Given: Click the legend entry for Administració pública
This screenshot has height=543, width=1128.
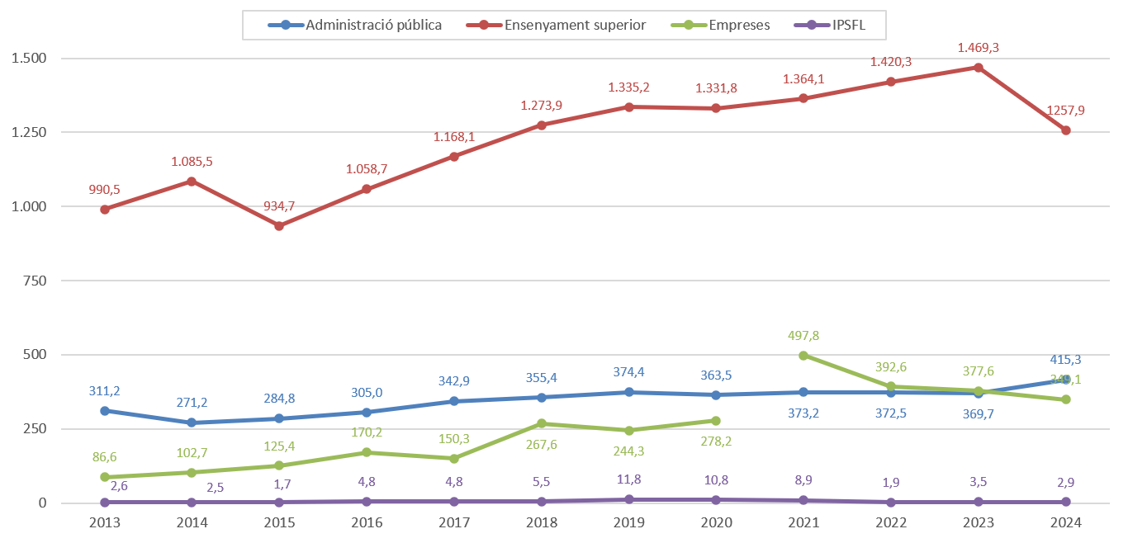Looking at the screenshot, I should [x=373, y=25].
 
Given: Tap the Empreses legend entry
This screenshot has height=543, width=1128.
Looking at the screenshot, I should [x=739, y=25].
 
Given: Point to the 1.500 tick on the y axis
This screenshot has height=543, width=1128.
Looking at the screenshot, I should [x=29, y=59].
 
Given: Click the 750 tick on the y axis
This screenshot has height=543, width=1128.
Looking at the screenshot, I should [x=35, y=281].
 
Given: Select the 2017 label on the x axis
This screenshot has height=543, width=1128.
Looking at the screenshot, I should [x=454, y=522].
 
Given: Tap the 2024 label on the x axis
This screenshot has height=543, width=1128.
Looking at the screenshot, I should [x=1065, y=522].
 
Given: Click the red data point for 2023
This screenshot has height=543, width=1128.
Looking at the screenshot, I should [x=979, y=68].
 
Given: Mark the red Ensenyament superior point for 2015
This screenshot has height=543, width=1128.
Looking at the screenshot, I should [x=279, y=226].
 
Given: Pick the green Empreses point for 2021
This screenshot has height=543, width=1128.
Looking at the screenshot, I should [x=803, y=356].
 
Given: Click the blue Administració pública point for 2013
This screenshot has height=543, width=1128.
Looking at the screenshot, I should [x=105, y=411].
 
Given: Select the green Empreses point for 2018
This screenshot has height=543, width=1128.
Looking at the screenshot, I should [x=542, y=423].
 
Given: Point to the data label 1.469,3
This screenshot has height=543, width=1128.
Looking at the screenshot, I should [x=979, y=49].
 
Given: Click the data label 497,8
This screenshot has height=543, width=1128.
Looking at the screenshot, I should [x=803, y=336].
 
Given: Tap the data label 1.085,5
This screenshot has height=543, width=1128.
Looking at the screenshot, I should [x=192, y=162].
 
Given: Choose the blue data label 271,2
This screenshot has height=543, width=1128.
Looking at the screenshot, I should [x=192, y=403].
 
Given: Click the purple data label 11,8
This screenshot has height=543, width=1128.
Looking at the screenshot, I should [x=629, y=479].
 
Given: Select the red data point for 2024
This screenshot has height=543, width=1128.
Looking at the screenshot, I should [x=1066, y=130].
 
